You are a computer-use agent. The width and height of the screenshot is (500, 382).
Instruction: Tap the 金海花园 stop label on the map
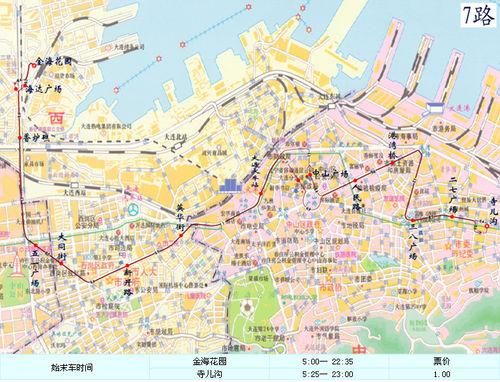(56, 61)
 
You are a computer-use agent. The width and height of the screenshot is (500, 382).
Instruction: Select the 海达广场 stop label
(49, 89)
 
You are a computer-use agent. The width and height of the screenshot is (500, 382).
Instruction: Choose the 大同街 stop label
(61, 245)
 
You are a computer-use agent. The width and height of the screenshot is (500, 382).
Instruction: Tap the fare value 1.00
(441, 374)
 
